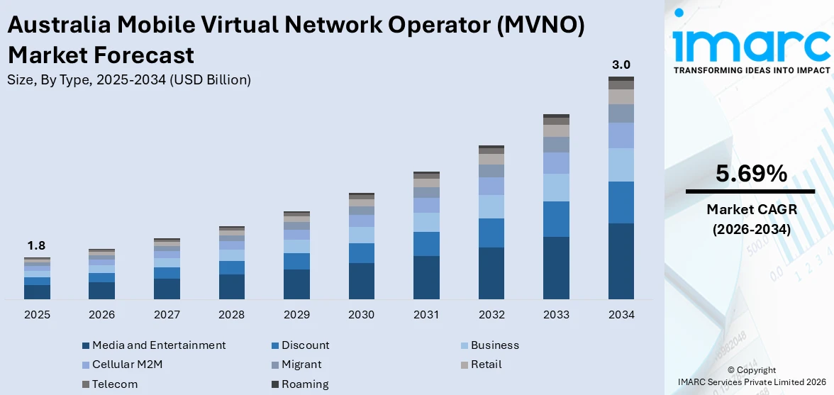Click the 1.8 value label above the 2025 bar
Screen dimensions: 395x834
point(36,246)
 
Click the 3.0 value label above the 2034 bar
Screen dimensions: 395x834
point(621,65)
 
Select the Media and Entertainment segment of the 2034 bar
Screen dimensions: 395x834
point(621,261)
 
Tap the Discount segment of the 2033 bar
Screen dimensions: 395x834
point(556,219)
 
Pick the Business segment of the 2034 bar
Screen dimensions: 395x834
point(621,165)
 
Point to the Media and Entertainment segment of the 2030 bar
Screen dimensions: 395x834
point(361,281)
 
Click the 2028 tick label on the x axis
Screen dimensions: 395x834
point(231,314)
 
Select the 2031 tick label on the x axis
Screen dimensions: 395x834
point(426,314)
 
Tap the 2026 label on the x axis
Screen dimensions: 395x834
point(101,314)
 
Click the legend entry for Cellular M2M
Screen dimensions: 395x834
point(128,365)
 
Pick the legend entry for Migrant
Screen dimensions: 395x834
point(301,365)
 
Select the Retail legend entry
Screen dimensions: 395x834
point(485,365)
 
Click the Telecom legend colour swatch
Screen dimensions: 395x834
point(86,384)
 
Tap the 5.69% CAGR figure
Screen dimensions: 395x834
point(751,174)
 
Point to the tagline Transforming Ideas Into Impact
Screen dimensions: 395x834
point(751,70)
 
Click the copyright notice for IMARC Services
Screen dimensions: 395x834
point(751,376)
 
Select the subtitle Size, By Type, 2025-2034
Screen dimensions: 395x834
point(129,80)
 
